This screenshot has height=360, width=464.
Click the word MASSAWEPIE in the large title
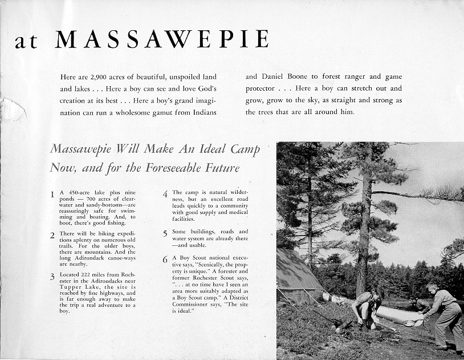(162, 39)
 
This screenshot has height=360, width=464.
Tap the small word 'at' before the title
(26, 41)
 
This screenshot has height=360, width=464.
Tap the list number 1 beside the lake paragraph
(52, 194)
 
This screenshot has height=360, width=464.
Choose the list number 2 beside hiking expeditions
(52, 235)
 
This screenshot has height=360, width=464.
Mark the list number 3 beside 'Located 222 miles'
(52, 277)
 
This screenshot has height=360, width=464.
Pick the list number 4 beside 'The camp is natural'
(165, 194)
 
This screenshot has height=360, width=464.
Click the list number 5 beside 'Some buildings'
(165, 234)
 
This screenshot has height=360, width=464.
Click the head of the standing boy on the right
(432, 288)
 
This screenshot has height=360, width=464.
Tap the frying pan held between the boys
(409, 323)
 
